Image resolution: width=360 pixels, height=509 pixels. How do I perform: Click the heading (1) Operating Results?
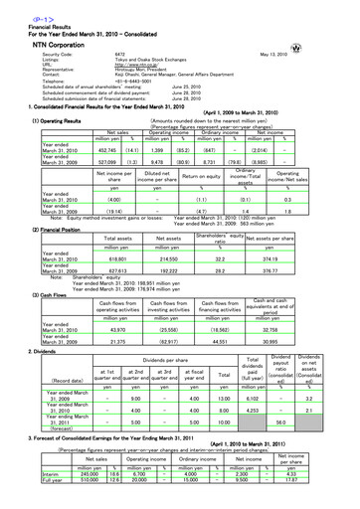pyautogui.click(x=31, y=121)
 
